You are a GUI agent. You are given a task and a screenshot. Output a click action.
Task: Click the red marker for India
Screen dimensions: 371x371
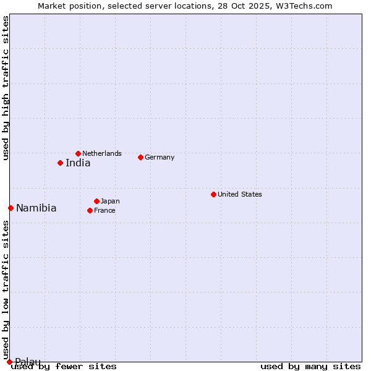60,163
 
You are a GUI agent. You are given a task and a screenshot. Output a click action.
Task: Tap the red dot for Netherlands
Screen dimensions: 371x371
78,153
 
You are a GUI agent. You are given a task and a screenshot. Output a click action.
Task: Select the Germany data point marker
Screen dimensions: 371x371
140,157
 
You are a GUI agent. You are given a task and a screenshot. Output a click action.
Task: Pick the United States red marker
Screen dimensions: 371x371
213,194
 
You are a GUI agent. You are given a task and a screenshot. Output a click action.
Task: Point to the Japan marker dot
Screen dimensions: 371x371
96,201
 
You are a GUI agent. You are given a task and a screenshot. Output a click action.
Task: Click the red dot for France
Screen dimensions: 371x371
90,210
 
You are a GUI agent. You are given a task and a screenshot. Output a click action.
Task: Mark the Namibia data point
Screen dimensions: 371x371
11,208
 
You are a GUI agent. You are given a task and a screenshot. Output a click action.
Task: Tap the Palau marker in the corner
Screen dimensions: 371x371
9,362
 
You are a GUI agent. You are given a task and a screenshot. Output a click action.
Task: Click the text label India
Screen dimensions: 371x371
78,163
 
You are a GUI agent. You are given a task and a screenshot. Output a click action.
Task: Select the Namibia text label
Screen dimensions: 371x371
36,208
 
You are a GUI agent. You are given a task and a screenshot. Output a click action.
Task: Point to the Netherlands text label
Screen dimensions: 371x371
102,153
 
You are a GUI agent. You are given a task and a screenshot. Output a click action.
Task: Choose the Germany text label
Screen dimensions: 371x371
160,157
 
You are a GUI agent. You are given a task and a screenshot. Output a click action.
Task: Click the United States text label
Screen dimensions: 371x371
240,194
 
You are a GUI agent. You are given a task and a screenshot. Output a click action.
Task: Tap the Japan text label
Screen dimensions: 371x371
110,201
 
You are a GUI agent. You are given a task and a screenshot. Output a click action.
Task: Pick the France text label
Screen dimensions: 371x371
104,210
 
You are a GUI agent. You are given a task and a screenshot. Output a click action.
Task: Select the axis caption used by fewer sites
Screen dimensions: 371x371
64,366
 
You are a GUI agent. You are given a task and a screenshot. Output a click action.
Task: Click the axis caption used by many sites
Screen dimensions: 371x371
310,366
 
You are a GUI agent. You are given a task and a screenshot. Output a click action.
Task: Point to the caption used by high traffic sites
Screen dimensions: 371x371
6,88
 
